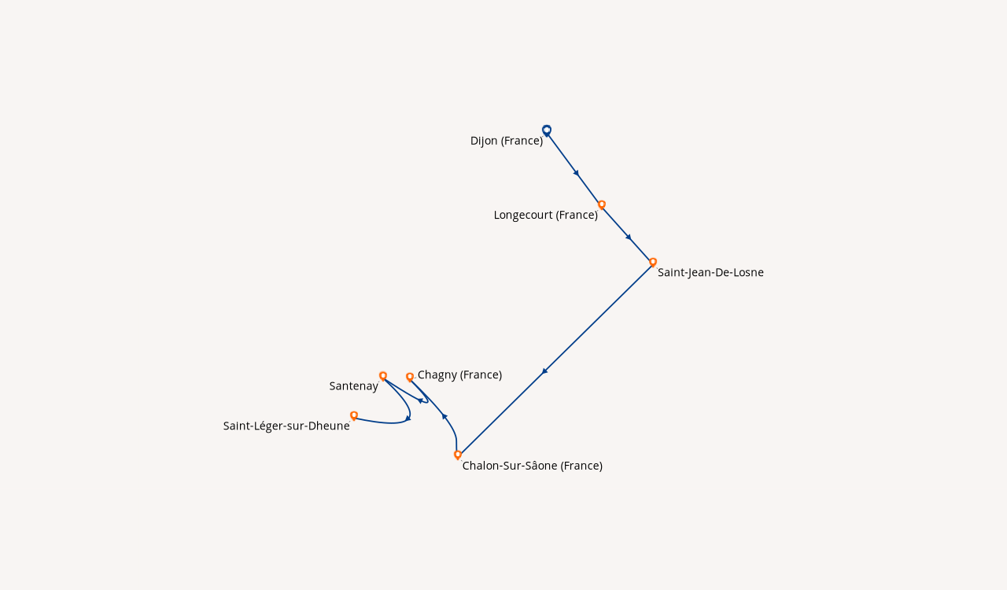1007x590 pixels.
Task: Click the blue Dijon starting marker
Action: coord(547,130)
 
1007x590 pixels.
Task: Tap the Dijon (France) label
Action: coord(507,141)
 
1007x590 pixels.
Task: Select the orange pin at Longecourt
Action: coord(602,205)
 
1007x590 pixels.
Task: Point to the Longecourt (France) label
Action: coord(545,215)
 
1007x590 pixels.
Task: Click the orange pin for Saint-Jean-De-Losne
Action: coord(653,262)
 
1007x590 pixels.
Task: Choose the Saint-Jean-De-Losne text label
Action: coord(710,272)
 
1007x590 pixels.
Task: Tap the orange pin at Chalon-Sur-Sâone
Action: coord(458,455)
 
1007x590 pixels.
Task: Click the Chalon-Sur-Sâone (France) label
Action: coord(532,466)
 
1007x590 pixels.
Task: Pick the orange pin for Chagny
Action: coord(410,377)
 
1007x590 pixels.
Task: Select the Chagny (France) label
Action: coord(459,374)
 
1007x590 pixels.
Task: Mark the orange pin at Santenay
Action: coord(383,376)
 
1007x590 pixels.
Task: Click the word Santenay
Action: coord(353,386)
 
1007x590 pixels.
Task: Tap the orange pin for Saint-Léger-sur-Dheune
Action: coord(354,415)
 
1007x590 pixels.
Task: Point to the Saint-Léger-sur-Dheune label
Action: coord(286,426)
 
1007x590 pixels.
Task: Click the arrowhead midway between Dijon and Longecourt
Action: coord(577,173)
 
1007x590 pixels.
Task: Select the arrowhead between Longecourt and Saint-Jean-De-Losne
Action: coord(629,237)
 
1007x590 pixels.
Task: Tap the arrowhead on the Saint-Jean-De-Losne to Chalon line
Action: coord(544,371)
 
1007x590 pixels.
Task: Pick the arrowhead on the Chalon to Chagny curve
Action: coord(444,416)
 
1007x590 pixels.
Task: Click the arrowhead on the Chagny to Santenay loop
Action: coord(421,400)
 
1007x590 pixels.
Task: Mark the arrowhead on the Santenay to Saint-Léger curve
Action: coord(408,418)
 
